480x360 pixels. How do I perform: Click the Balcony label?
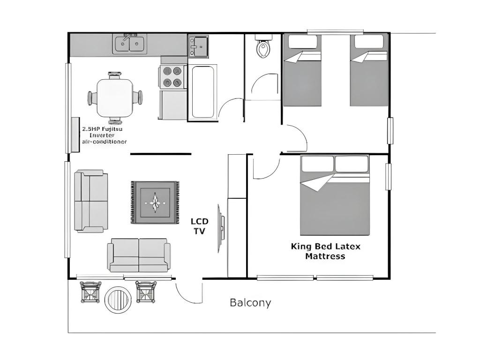click(250, 303)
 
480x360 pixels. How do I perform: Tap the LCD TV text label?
click(200, 226)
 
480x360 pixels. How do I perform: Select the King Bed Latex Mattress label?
click(326, 251)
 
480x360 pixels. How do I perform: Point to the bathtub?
click(202, 91)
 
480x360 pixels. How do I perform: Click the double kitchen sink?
click(130, 44)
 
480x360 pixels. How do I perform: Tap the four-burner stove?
click(172, 77)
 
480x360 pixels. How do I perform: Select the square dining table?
click(115, 97)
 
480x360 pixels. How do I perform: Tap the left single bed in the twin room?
click(302, 70)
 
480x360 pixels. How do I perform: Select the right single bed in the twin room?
click(369, 70)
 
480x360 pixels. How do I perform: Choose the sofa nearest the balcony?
click(139, 255)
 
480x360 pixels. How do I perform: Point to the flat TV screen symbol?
click(220, 228)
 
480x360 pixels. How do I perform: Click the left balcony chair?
click(90, 292)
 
